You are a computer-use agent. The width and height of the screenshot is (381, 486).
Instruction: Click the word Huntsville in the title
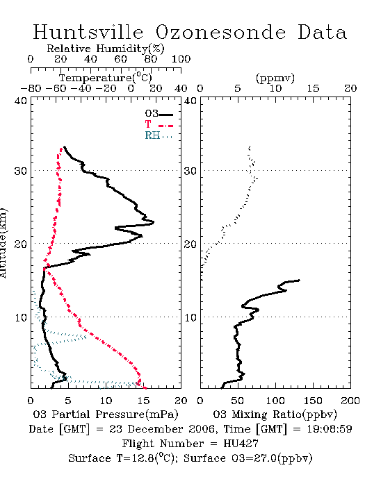(x=88, y=32)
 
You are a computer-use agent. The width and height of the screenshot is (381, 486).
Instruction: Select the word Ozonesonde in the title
(x=220, y=32)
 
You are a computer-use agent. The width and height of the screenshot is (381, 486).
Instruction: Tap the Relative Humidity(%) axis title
(x=106, y=49)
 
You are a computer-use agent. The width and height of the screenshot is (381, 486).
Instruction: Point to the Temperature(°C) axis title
(x=106, y=78)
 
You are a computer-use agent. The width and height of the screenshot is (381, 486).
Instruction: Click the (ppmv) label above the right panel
(x=275, y=78)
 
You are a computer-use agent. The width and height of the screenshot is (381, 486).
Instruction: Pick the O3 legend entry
(x=159, y=114)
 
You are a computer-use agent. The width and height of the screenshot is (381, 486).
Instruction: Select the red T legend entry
(x=159, y=125)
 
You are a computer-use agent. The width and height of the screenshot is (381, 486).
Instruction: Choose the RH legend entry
(x=159, y=136)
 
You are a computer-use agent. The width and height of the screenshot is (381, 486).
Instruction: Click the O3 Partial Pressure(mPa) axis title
(x=106, y=414)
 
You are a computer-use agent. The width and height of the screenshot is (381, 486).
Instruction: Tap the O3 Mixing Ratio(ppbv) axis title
(x=275, y=414)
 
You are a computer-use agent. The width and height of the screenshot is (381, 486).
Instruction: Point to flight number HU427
(x=241, y=444)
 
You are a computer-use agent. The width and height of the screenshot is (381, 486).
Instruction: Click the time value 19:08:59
(x=330, y=429)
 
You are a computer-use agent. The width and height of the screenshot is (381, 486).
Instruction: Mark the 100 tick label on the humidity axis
(x=181, y=59)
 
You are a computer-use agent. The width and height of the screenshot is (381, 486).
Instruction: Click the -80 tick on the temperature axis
(x=31, y=89)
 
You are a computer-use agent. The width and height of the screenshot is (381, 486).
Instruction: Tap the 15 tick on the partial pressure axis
(x=143, y=401)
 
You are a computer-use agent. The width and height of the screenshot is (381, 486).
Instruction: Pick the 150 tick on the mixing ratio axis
(x=313, y=401)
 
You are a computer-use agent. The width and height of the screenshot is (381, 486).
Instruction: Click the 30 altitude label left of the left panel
(x=20, y=171)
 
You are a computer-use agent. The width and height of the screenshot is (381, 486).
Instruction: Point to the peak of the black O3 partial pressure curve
(x=154, y=222)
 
